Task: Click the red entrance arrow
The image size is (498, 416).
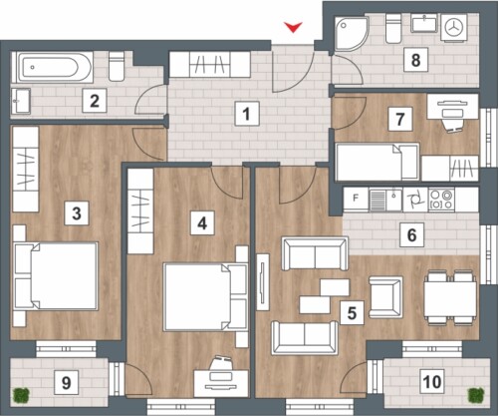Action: (x=293, y=27)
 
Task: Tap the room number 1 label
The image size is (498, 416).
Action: (x=247, y=114)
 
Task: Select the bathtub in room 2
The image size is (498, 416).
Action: (x=53, y=67)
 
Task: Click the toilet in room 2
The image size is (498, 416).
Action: (x=117, y=66)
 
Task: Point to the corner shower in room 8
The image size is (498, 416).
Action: (x=352, y=34)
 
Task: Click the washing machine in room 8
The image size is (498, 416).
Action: (x=454, y=28)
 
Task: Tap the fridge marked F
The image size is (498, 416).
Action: (x=356, y=199)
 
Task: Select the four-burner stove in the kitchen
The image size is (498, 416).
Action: (x=441, y=200)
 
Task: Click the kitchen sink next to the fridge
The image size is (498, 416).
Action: (x=385, y=200)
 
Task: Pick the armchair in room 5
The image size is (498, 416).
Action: (x=385, y=297)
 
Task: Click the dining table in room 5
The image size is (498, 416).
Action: (x=450, y=298)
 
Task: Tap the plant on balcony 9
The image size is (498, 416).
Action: (x=21, y=395)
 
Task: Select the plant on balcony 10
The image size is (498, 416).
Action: (x=476, y=395)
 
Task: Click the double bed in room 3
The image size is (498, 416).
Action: (x=56, y=276)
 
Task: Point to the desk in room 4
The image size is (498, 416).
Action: (x=221, y=383)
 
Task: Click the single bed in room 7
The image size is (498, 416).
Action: (x=377, y=162)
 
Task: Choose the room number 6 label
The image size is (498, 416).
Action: (x=411, y=235)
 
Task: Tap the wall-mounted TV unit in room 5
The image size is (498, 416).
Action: (x=263, y=282)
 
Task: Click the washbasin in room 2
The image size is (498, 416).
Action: (x=21, y=101)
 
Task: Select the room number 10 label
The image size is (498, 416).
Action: (x=432, y=381)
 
